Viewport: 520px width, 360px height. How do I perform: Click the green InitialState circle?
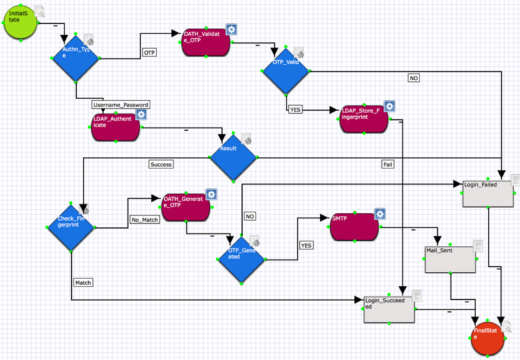point(21,22)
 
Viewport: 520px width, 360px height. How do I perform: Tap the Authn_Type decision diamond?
point(76,58)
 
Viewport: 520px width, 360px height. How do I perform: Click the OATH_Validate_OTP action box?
point(206,43)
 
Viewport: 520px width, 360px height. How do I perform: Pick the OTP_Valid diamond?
point(286,71)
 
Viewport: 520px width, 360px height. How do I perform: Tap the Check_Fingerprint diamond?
point(71,226)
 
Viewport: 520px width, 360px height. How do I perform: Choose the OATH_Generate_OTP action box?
point(185,207)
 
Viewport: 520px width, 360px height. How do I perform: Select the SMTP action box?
point(353,226)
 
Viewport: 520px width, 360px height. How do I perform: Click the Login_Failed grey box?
point(488,194)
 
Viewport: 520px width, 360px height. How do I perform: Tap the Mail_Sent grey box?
point(450,259)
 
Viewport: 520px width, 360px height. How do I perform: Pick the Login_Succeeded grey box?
point(389,310)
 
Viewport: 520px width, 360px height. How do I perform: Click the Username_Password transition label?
point(120,105)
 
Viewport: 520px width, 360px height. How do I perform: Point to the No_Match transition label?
point(145,220)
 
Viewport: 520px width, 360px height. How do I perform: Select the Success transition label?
point(161,164)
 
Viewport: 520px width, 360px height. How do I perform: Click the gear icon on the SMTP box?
point(380,214)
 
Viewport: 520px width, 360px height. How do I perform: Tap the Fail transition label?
point(387,164)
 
